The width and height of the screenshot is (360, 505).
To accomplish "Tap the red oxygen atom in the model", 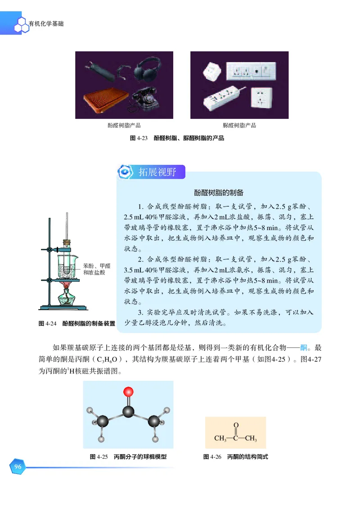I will click(x=129, y=391).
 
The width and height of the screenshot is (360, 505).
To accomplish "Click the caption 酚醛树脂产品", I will click(x=124, y=126).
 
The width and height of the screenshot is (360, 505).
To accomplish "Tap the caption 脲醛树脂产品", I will click(x=239, y=126).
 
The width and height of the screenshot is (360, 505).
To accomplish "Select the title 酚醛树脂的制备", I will click(x=219, y=193).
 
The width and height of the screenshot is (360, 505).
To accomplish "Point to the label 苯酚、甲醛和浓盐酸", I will click(x=97, y=269).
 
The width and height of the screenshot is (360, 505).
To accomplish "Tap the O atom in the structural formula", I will click(x=236, y=425).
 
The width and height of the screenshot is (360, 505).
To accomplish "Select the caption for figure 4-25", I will click(x=128, y=456).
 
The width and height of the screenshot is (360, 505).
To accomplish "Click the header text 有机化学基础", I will click(x=45, y=23).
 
